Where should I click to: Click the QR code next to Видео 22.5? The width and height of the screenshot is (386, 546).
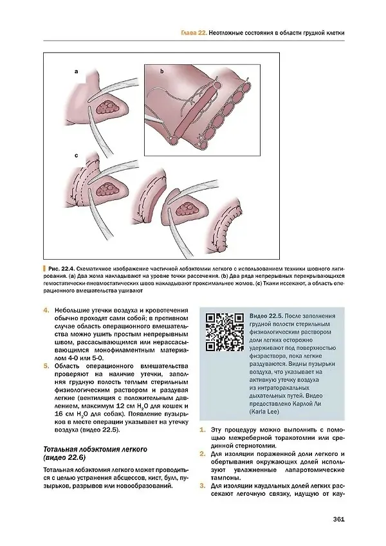point(225,332)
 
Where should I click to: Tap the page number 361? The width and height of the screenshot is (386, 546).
point(338,519)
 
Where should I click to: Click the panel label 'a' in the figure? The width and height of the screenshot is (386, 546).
point(76,72)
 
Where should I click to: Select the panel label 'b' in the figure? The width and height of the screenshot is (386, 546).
point(161,71)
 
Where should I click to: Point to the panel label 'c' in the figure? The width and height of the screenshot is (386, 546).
point(77,156)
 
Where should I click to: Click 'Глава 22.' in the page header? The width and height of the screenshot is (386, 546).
point(194,33)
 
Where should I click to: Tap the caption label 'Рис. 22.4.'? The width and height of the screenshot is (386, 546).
point(61,269)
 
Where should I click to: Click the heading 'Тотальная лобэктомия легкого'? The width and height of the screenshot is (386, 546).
point(95,449)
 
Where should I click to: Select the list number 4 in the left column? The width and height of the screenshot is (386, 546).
point(46,310)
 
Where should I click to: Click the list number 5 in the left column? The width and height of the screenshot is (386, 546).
point(46,366)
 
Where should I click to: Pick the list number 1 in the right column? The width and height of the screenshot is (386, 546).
point(202,430)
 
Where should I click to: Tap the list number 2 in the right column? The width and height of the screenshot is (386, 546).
point(202,454)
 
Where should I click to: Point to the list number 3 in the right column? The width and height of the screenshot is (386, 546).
point(202,486)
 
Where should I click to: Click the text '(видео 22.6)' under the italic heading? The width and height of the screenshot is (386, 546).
point(64,457)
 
